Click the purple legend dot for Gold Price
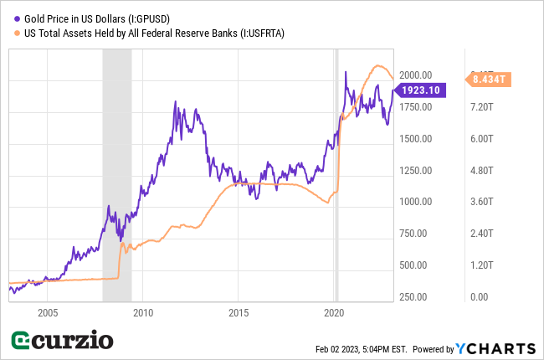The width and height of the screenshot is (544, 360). tap(16, 18)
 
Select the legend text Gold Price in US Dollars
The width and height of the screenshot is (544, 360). tap(87, 18)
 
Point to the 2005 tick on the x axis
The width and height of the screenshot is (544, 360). tap(47, 312)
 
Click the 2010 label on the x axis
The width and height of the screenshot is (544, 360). tap(142, 312)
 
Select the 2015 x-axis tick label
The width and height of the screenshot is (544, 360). tap(239, 312)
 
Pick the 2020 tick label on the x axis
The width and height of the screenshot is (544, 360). tap(335, 312)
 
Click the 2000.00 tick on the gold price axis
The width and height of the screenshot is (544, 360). tap(415, 75)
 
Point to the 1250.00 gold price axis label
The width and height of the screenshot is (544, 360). tap(415, 170)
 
